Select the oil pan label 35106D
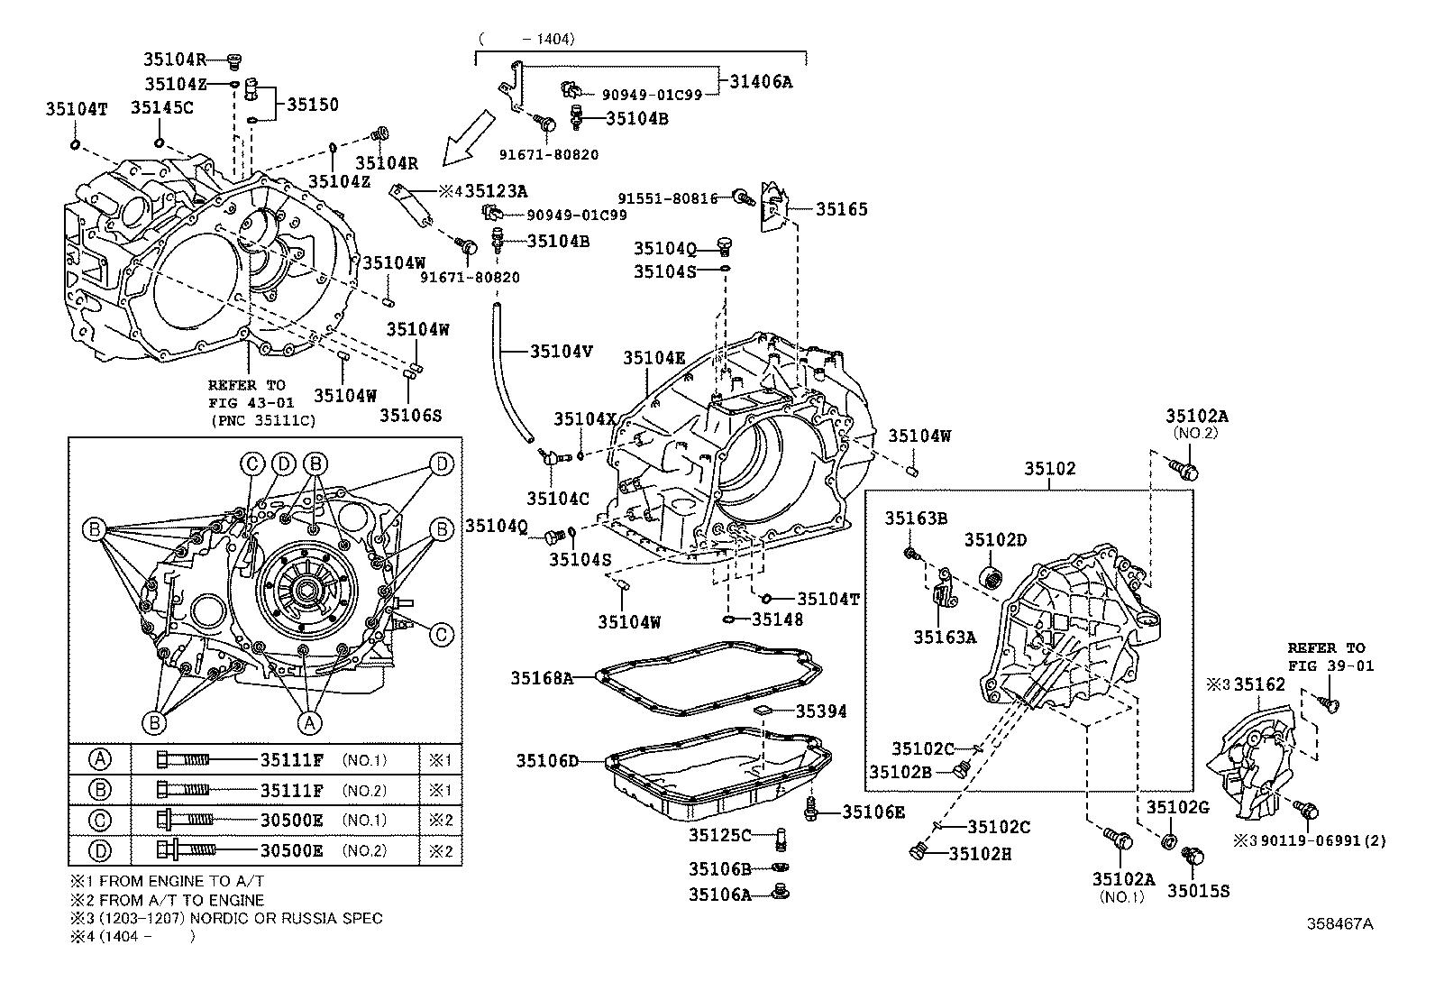point(547,761)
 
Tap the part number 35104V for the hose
point(561,352)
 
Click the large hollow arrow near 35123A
point(469,138)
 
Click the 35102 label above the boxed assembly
point(1049,469)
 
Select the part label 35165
point(842,209)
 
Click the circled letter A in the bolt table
point(100,759)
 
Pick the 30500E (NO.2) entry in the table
point(291,850)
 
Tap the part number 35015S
point(1198,890)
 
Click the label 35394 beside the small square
point(821,711)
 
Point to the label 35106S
point(410,415)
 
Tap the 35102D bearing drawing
point(992,576)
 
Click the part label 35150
point(313,105)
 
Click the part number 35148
point(777,619)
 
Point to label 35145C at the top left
point(161,107)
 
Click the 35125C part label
point(720,835)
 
